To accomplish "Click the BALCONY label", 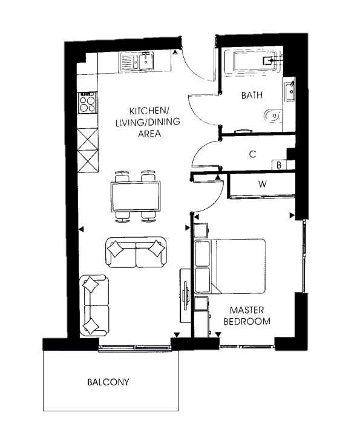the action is click(108, 382).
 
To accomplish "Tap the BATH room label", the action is click(252, 95).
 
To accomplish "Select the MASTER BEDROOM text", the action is click(247, 316).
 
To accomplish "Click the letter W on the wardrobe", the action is click(263, 184).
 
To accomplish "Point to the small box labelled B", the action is click(279, 165).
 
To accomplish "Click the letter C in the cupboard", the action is click(252, 154).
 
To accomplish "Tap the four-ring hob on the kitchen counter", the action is click(88, 103).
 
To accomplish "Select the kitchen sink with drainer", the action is click(137, 60).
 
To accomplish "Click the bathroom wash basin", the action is click(290, 90).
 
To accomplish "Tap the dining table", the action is click(136, 196).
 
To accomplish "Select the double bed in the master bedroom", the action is click(230, 266).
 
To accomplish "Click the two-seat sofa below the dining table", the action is click(136, 252).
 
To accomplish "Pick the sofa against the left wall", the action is click(94, 305).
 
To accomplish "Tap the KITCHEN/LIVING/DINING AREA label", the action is click(148, 122).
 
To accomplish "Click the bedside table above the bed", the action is click(201, 230).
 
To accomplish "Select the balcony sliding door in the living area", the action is click(134, 347).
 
